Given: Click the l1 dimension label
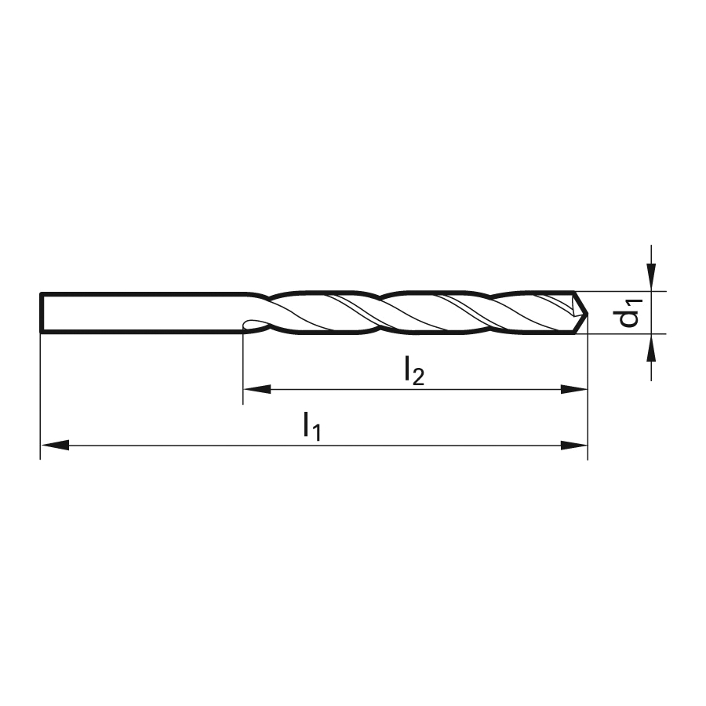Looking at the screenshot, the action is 311,427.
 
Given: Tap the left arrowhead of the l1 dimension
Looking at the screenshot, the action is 55,446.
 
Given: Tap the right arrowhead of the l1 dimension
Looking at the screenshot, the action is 573,446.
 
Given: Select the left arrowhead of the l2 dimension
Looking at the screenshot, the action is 257,389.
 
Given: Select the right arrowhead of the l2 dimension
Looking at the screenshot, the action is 573,389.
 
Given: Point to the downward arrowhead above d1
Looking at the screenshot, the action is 651,278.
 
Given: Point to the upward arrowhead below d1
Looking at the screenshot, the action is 651,348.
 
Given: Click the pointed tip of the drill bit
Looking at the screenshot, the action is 588,312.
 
